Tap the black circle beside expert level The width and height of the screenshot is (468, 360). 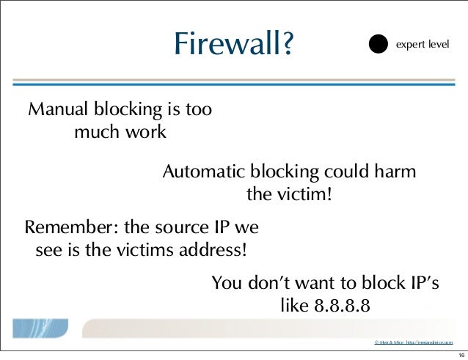[378, 44]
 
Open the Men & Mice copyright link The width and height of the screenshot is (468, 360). [418, 342]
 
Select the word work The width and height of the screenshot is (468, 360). [146, 133]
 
